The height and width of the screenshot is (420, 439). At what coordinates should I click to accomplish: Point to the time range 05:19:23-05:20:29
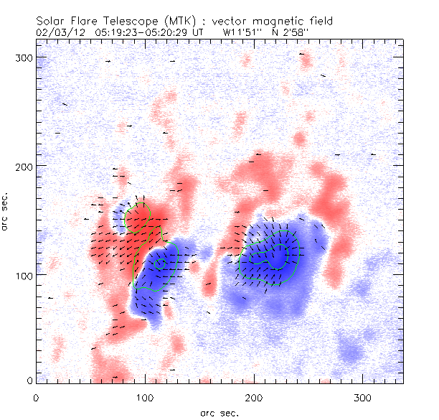click(143, 32)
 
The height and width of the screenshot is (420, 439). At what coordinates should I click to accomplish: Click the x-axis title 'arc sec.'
click(219, 413)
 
